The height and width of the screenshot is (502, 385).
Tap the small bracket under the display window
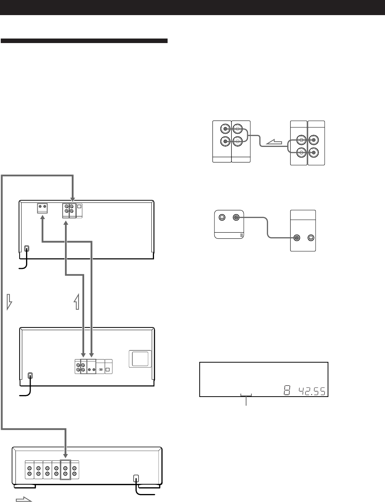coord(246,395)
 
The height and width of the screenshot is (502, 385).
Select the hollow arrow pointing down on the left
coord(10,301)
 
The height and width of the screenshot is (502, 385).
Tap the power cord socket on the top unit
coord(26,249)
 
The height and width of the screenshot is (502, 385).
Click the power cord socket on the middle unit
coord(31,376)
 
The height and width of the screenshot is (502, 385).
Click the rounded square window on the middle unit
coord(140,359)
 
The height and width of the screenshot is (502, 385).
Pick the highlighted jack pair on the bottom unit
coord(65,470)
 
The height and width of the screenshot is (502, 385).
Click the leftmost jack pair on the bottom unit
coord(29,470)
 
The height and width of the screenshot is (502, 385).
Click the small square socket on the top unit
coord(79,207)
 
